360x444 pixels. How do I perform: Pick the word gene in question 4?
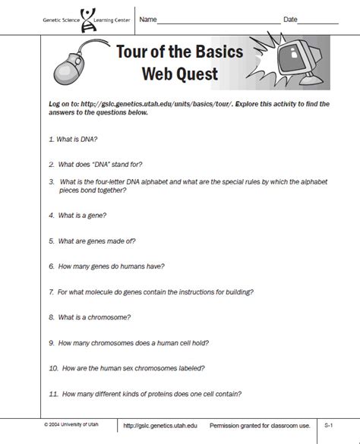click(x=96, y=216)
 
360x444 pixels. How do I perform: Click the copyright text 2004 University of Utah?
click(x=75, y=427)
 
